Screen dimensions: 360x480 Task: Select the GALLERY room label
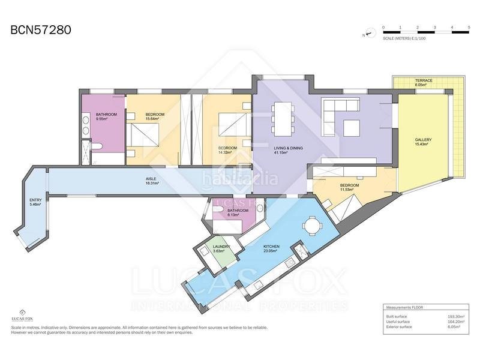click(423, 140)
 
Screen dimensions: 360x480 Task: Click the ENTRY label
click(35, 200)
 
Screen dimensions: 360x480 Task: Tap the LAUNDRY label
click(221, 246)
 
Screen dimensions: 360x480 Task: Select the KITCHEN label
click(272, 246)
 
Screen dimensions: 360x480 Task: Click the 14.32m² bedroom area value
click(227, 153)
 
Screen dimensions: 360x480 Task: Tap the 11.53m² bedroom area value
click(349, 190)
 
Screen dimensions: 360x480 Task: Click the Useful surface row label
click(399, 321)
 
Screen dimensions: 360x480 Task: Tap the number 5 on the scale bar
click(468, 28)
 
